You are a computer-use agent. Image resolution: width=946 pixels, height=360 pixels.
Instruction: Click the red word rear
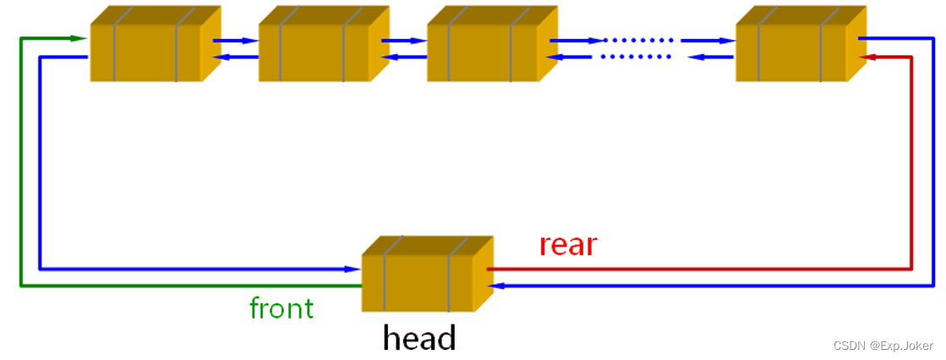pyautogui.click(x=568, y=245)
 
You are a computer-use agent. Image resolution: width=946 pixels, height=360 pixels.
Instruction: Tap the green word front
pyautogui.click(x=282, y=308)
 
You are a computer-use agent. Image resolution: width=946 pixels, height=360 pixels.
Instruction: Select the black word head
pyautogui.click(x=419, y=338)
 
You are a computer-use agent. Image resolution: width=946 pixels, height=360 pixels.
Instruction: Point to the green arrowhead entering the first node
pyautogui.click(x=79, y=38)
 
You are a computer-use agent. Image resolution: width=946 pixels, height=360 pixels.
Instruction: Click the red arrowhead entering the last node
pyautogui.click(x=865, y=57)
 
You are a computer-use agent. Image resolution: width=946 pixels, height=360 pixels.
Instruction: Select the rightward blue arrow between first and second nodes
pyautogui.click(x=236, y=40)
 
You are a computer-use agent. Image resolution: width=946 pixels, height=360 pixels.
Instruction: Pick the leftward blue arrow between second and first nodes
pyautogui.click(x=236, y=57)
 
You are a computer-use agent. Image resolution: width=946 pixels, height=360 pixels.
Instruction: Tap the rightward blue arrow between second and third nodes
pyautogui.click(x=404, y=40)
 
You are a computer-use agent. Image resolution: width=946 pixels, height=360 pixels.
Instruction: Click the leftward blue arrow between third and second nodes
pyautogui.click(x=404, y=57)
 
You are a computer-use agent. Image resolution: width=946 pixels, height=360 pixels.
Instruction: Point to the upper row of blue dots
pyautogui.click(x=638, y=40)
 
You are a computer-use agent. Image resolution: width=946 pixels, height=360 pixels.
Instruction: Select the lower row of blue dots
pyautogui.click(x=636, y=57)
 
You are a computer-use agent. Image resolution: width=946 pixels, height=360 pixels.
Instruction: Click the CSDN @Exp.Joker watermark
pyautogui.click(x=883, y=346)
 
